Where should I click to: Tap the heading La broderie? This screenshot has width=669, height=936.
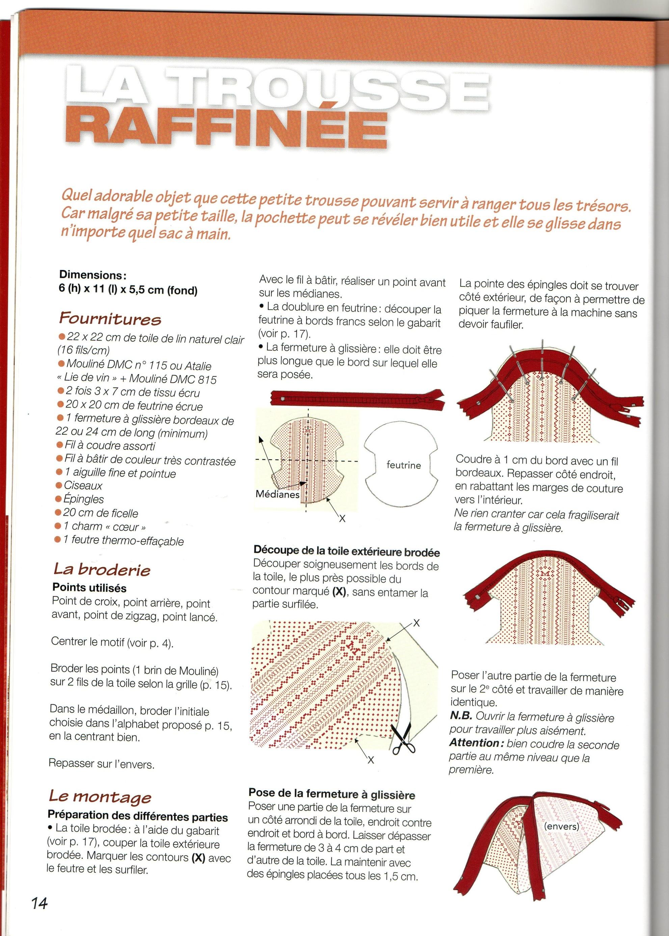tap(102, 569)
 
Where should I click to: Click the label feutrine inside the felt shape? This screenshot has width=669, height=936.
tap(403, 465)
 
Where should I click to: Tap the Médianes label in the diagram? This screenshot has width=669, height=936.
tap(277, 494)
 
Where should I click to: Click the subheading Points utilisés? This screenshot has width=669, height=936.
tap(89, 588)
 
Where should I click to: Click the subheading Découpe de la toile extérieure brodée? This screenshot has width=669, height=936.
tap(346, 552)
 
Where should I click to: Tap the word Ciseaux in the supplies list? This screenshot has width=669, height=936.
tap(83, 486)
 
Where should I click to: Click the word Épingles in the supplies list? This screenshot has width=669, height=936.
tap(83, 499)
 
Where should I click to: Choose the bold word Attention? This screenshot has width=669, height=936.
tap(474, 743)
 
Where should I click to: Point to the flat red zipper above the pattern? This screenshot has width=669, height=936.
tap(357, 398)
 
